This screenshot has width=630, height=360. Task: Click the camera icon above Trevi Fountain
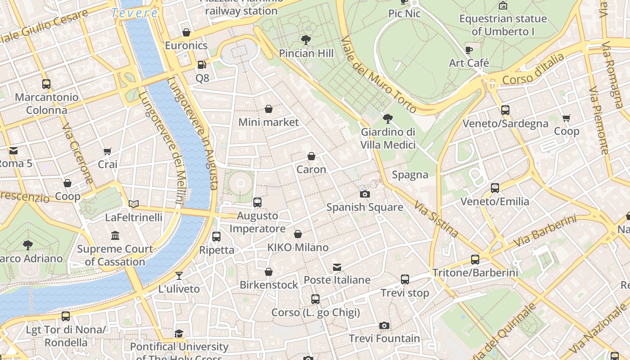(x=384, y=325)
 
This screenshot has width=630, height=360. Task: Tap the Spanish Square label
(x=364, y=207)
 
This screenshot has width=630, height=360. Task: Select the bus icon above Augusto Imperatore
(x=257, y=202)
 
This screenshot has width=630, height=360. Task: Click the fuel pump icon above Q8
(x=202, y=65)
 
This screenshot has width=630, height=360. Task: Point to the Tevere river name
(x=135, y=13)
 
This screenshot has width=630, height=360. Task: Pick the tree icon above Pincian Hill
(x=306, y=40)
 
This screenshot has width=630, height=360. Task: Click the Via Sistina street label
(x=436, y=220)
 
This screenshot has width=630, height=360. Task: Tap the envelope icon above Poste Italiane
(x=337, y=267)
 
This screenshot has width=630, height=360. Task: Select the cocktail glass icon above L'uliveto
(x=179, y=275)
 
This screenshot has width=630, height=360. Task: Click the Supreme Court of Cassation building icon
(x=115, y=235)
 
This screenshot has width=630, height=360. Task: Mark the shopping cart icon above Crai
(x=107, y=152)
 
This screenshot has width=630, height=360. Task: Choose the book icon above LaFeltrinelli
(x=133, y=204)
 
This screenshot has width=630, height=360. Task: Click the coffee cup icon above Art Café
(x=468, y=50)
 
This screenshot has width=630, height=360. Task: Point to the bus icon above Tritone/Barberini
(x=475, y=259)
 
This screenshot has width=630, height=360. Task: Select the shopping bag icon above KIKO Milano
(x=297, y=234)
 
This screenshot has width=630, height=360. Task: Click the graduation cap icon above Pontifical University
(x=179, y=333)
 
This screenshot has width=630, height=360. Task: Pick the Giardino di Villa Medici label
(x=387, y=139)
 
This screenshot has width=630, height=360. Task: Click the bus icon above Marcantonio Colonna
(x=46, y=84)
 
